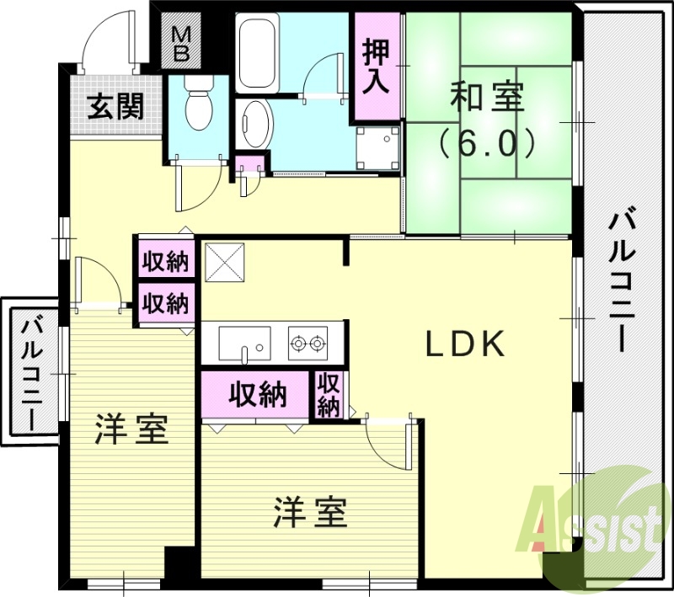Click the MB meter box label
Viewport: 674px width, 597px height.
click(x=182, y=43)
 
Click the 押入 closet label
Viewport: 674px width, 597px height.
click(x=375, y=66)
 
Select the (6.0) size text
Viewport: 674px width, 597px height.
click(x=487, y=144)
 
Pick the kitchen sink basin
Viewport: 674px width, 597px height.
click(x=244, y=343)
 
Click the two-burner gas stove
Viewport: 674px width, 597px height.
click(x=308, y=343)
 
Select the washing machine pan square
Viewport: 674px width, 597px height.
click(x=376, y=148)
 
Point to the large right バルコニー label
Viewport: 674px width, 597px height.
click(x=625, y=282)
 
